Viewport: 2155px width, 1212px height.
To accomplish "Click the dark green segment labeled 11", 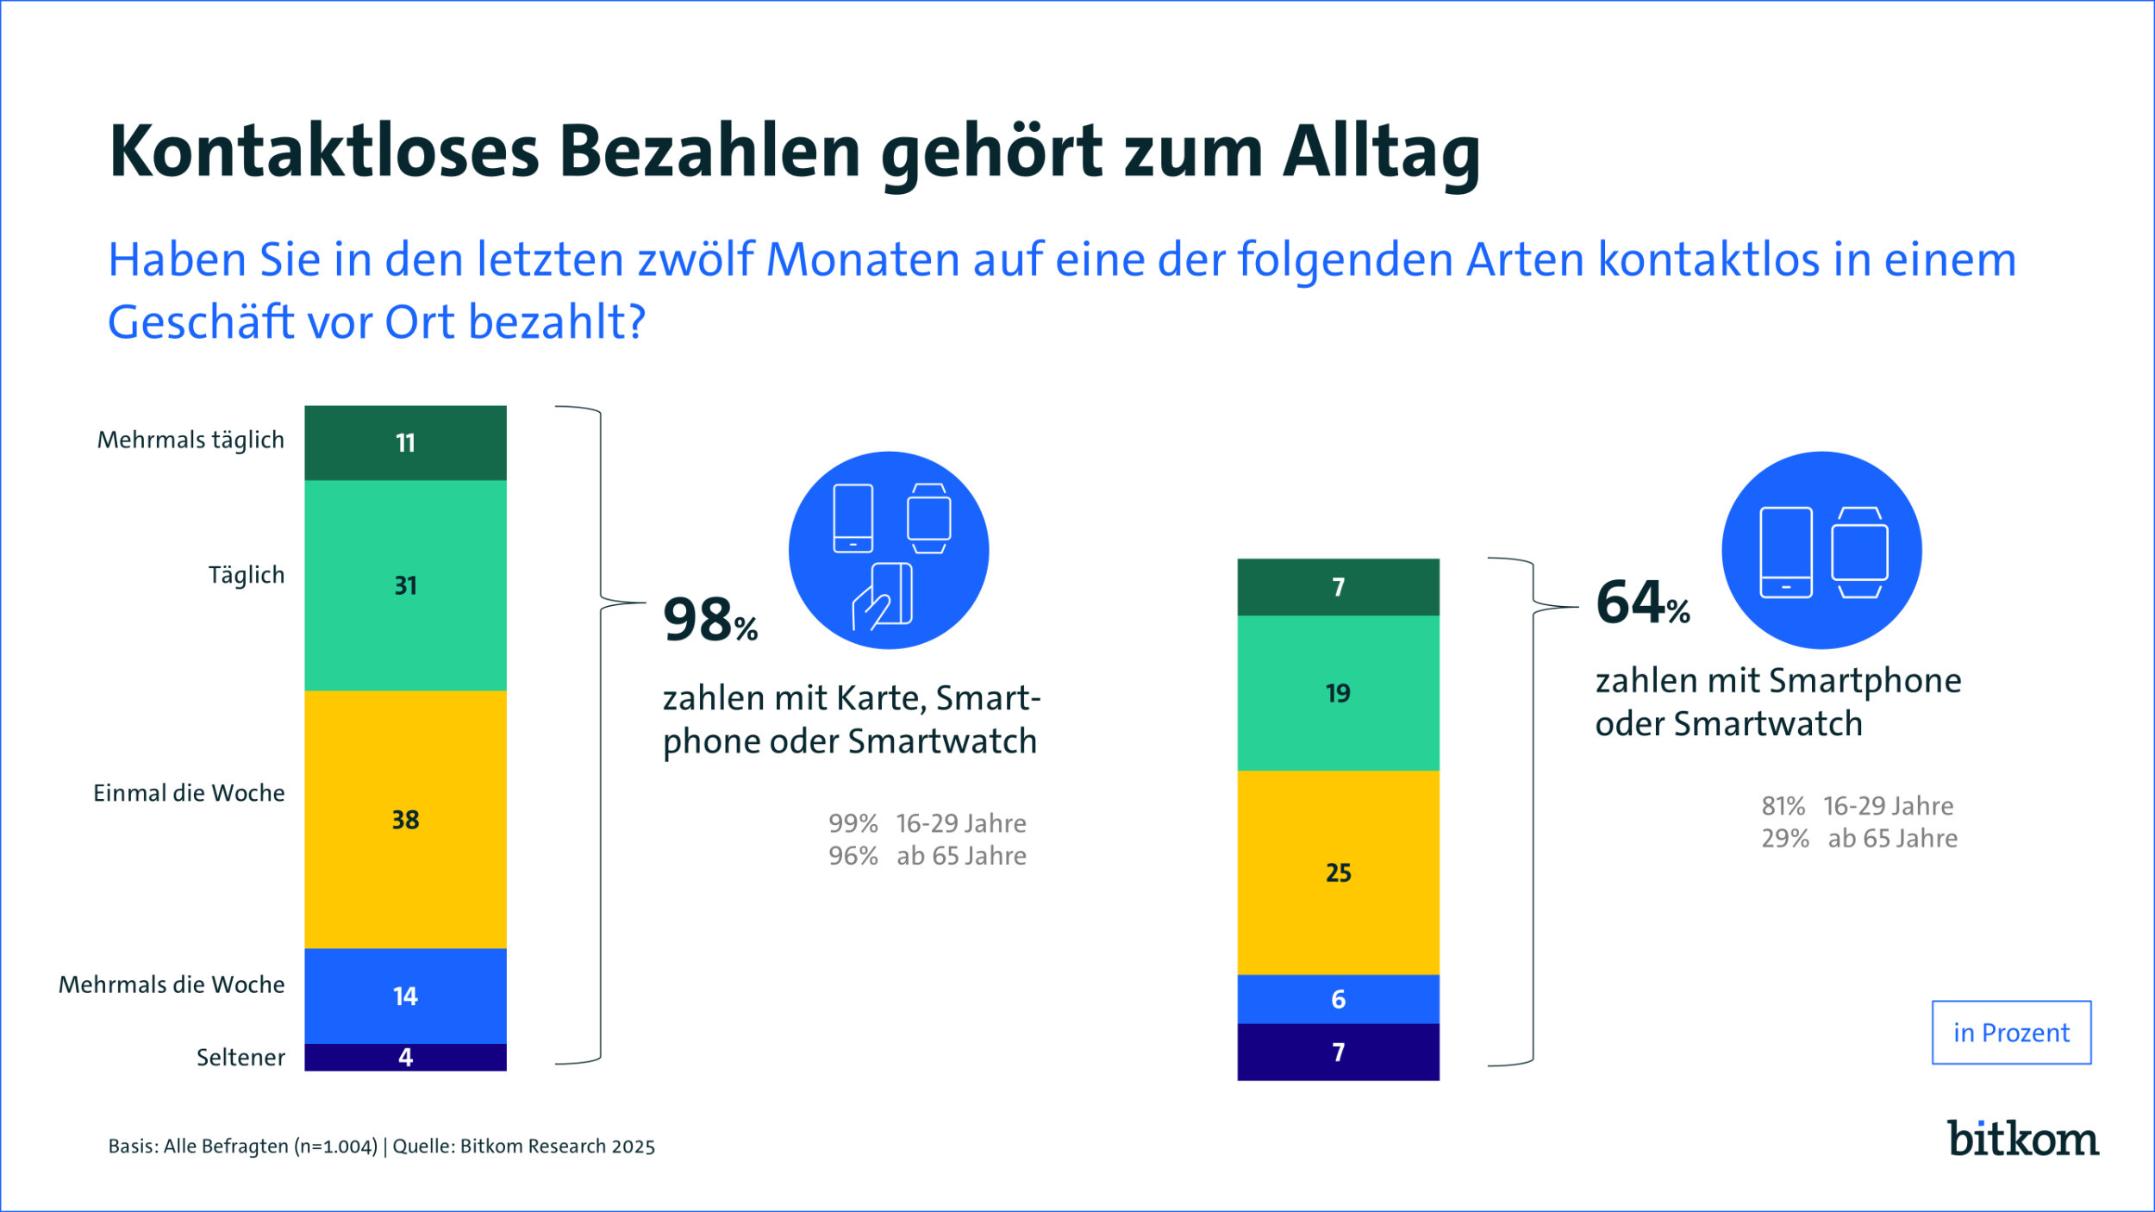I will (405, 442).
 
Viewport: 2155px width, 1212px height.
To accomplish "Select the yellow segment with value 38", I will (405, 819).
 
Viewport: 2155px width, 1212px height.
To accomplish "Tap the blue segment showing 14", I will (405, 996).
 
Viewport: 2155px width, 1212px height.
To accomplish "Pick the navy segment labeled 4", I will (405, 1057).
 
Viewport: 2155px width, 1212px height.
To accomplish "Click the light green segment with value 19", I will (1338, 693).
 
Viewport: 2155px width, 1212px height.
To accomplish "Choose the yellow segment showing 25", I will (1338, 872).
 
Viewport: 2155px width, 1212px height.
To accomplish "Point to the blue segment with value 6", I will (1338, 999).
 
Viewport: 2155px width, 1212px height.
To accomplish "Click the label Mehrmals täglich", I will (191, 440).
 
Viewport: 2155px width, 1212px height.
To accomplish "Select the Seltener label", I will (240, 1057).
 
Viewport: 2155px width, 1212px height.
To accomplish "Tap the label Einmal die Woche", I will (189, 793).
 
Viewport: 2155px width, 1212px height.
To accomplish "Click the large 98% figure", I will (709, 620).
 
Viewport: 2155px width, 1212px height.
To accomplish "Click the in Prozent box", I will (2011, 1033).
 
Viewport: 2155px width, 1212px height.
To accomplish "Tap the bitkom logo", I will (2022, 1140).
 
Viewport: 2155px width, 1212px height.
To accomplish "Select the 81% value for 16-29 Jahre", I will (1783, 806).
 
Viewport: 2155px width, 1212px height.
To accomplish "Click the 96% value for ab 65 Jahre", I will (853, 856).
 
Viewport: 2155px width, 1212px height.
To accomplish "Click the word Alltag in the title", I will (1381, 152).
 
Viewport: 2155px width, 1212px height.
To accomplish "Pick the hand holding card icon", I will (882, 596).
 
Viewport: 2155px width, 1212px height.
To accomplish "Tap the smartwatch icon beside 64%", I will (1859, 553).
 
